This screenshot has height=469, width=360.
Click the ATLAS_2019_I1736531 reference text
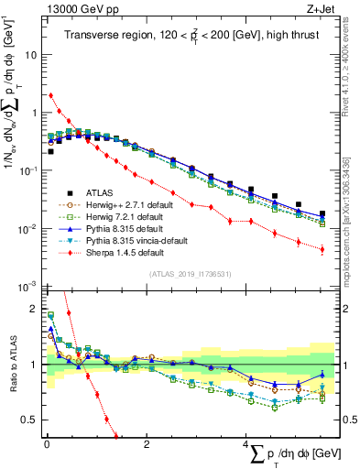tap(189, 273)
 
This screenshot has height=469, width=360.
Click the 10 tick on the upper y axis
tap(30, 54)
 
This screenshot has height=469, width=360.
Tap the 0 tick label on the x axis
tap(47, 444)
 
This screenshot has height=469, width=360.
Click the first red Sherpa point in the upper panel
tap(50, 95)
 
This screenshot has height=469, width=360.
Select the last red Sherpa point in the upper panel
tap(322, 249)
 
